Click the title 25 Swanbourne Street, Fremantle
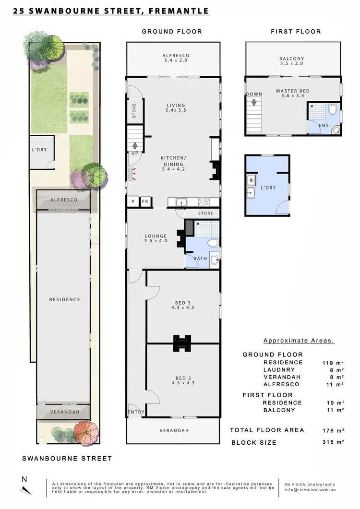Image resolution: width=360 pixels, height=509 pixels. coord(111,11)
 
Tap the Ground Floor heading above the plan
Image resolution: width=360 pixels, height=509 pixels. coord(172,32)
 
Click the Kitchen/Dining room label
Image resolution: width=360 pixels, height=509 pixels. coord(173,164)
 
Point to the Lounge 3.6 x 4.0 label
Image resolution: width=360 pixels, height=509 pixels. coord(156,238)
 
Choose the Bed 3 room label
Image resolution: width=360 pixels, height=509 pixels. coord(182,305)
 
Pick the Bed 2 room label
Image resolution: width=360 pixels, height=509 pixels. coord(182,380)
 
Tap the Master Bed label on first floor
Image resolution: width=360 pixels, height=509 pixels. coord(292,94)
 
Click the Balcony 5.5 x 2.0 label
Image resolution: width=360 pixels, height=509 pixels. coord(292,61)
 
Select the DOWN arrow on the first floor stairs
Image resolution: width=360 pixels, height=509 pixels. coord(254,102)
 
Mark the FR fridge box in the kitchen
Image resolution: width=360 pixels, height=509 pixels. coord(145,202)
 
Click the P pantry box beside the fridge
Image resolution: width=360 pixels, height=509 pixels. coord(132,202)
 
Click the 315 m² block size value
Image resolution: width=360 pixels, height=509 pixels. coord(333,442)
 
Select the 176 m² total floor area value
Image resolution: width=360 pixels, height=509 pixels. coord(333,430)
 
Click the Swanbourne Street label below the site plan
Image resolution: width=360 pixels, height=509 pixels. coord(67,459)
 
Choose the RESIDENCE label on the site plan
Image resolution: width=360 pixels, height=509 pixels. coord(65,299)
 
